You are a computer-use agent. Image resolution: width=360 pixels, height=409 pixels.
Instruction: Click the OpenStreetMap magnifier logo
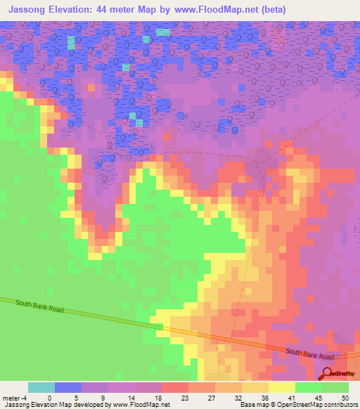click(x=327, y=375)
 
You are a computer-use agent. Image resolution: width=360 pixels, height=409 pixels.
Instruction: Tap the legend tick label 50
click(x=346, y=397)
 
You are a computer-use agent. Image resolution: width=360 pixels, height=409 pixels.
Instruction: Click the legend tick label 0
click(x=49, y=397)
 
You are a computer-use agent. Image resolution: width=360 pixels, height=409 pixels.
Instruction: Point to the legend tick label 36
click(x=264, y=397)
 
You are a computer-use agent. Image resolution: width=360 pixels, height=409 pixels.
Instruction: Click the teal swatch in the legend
click(x=41, y=387)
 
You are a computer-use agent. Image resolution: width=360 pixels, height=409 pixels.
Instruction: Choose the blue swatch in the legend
click(x=67, y=387)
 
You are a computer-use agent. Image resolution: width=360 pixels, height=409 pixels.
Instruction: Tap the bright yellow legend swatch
click(x=281, y=387)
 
